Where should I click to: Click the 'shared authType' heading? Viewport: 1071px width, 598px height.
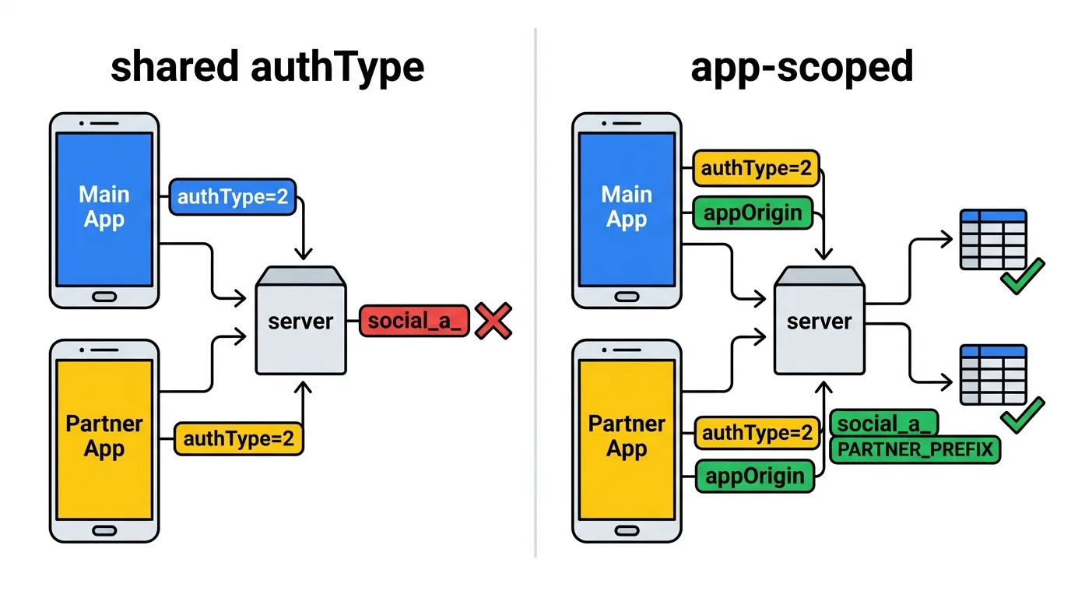tap(267, 67)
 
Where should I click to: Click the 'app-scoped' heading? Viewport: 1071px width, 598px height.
tap(802, 68)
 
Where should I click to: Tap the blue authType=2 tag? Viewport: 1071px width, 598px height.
tap(233, 197)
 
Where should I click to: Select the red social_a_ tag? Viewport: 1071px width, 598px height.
tap(414, 321)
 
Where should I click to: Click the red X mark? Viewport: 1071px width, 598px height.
tap(493, 321)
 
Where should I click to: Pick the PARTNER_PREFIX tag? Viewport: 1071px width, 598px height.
tap(915, 450)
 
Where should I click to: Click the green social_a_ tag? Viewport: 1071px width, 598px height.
tap(884, 424)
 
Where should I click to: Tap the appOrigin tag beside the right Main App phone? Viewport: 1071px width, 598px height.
tap(753, 213)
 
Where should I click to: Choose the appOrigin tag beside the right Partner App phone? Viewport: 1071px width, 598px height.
tap(754, 476)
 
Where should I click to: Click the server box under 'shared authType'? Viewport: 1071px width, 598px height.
tap(300, 321)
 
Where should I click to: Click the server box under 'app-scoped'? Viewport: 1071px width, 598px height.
tap(820, 321)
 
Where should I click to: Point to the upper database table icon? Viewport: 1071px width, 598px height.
tap(993, 239)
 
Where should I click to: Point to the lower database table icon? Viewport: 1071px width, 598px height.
tap(993, 375)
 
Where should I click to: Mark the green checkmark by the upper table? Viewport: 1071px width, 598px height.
tap(1023, 276)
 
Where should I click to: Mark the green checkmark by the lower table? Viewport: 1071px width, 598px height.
tap(1023, 415)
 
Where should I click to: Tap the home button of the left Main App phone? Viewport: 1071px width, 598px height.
tap(104, 297)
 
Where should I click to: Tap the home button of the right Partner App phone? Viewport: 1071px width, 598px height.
tap(627, 530)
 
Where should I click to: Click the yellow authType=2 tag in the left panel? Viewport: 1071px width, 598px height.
tap(239, 438)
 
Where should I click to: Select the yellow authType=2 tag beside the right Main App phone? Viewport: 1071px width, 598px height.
tap(756, 168)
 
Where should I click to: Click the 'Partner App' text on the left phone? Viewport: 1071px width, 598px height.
tap(104, 436)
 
